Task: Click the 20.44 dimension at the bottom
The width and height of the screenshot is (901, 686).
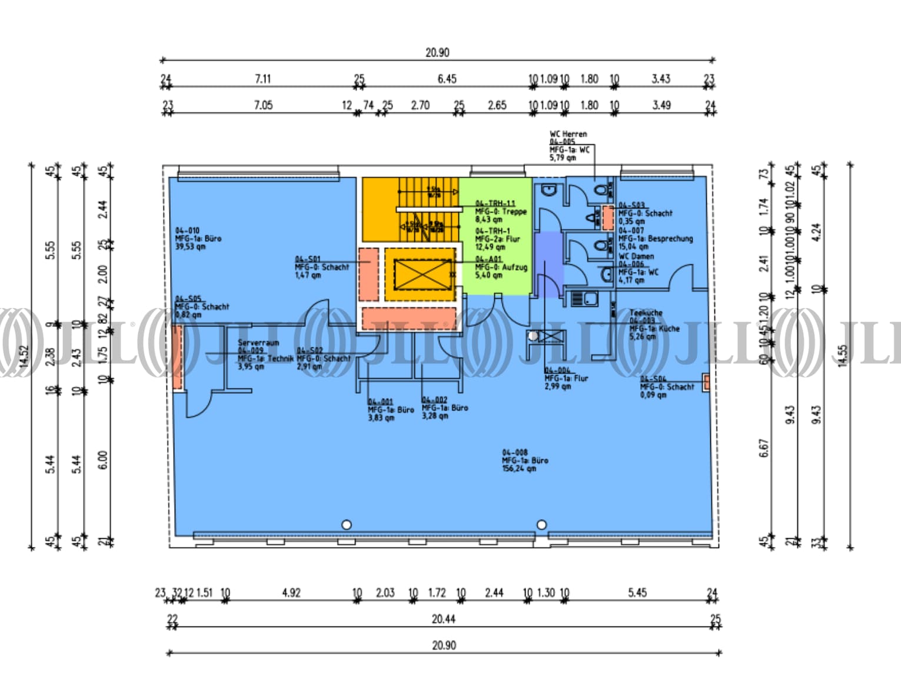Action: [x=443, y=618]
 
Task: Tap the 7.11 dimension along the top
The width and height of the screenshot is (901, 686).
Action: [x=262, y=78]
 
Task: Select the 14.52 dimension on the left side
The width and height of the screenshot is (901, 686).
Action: [x=24, y=356]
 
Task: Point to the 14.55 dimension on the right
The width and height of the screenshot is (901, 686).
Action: [x=843, y=356]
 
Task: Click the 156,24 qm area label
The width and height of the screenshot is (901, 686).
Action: [x=518, y=469]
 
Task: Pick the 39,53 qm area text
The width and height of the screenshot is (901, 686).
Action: [x=190, y=247]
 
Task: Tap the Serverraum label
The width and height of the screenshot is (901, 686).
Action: [x=258, y=342]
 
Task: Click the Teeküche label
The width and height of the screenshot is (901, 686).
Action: [x=646, y=313]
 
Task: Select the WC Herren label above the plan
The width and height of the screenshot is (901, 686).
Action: [x=568, y=134]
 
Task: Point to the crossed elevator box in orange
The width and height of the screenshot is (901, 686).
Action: [x=420, y=274]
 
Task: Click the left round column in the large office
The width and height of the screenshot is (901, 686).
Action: [x=347, y=524]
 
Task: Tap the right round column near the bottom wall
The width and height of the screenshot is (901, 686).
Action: [x=541, y=524]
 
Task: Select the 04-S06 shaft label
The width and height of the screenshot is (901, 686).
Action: [x=653, y=379]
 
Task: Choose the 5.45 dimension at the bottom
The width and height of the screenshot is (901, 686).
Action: [x=637, y=592]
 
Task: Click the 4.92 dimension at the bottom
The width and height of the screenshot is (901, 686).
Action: [x=291, y=592]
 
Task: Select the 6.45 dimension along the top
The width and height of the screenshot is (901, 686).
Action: [x=447, y=78]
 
